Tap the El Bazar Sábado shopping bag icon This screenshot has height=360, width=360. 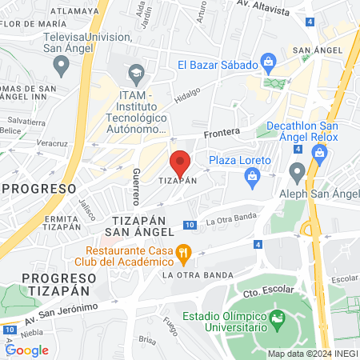click(269, 62)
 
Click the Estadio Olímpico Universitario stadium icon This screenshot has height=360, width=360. click(277, 321)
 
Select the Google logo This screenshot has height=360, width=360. click(27, 350)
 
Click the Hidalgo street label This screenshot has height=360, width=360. click(187, 94)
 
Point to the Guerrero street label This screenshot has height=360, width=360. click(135, 186)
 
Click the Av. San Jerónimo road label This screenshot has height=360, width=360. click(59, 313)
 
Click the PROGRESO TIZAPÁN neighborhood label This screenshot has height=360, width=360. click(48, 284)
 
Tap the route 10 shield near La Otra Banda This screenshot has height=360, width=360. click(190, 225)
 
